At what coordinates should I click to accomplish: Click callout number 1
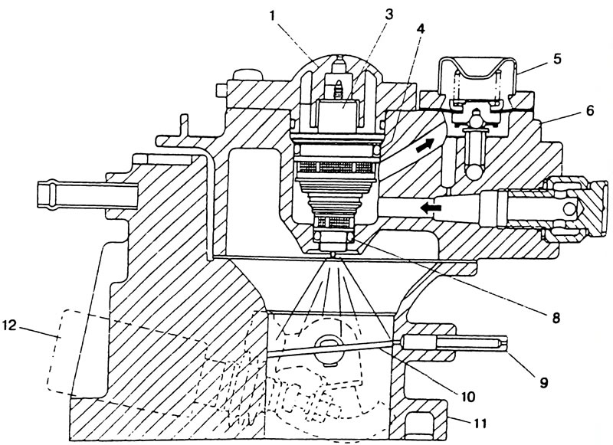(273, 16)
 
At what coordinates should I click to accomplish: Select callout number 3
(388, 15)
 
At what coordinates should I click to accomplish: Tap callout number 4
(420, 28)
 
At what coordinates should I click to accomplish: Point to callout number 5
(557, 58)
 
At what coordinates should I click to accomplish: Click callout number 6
(588, 110)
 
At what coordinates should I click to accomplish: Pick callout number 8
(555, 317)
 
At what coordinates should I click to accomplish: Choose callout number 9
(544, 381)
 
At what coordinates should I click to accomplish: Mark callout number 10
(467, 396)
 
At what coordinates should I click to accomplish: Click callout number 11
(480, 423)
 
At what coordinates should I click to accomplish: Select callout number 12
(9, 325)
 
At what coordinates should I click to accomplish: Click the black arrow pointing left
(431, 208)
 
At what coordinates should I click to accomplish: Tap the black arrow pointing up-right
(425, 145)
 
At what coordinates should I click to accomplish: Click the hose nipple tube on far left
(87, 195)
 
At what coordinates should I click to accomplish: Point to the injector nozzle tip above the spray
(333, 254)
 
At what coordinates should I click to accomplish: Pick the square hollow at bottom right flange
(417, 425)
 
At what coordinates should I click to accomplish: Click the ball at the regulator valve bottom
(475, 171)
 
